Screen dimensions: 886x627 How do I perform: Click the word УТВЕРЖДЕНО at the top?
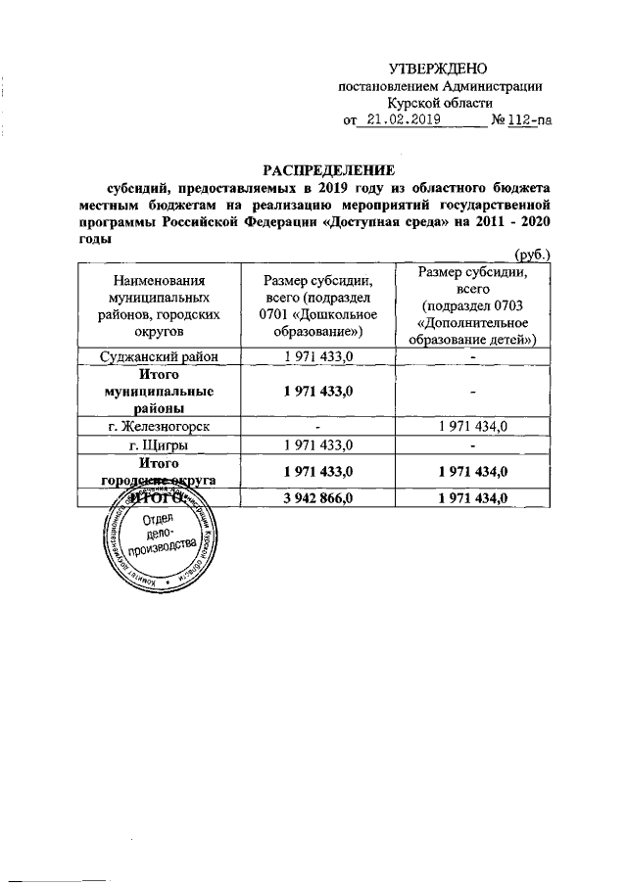click(x=438, y=70)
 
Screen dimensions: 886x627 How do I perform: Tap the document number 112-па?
click(x=528, y=120)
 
